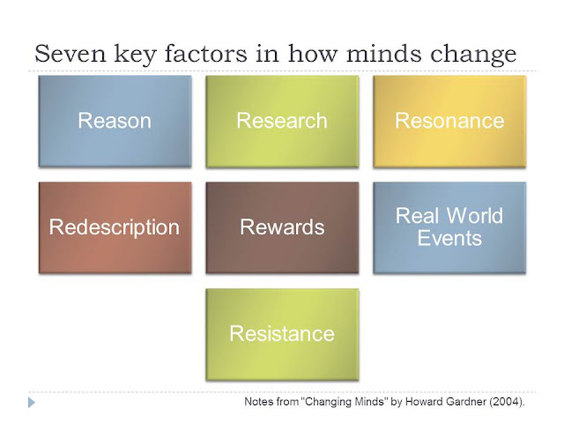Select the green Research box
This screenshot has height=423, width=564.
pos(281,121)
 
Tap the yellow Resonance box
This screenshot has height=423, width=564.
pos(449,121)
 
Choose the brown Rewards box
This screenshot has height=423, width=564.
pos(281,227)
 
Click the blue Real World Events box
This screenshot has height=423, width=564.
pos(449,227)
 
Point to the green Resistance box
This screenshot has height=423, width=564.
pos(281,334)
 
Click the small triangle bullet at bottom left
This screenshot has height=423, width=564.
pos(33,403)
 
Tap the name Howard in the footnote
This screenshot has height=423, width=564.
pos(419,403)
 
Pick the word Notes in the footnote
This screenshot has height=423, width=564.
pos(258,403)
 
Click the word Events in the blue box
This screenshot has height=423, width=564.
pos(449,238)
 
